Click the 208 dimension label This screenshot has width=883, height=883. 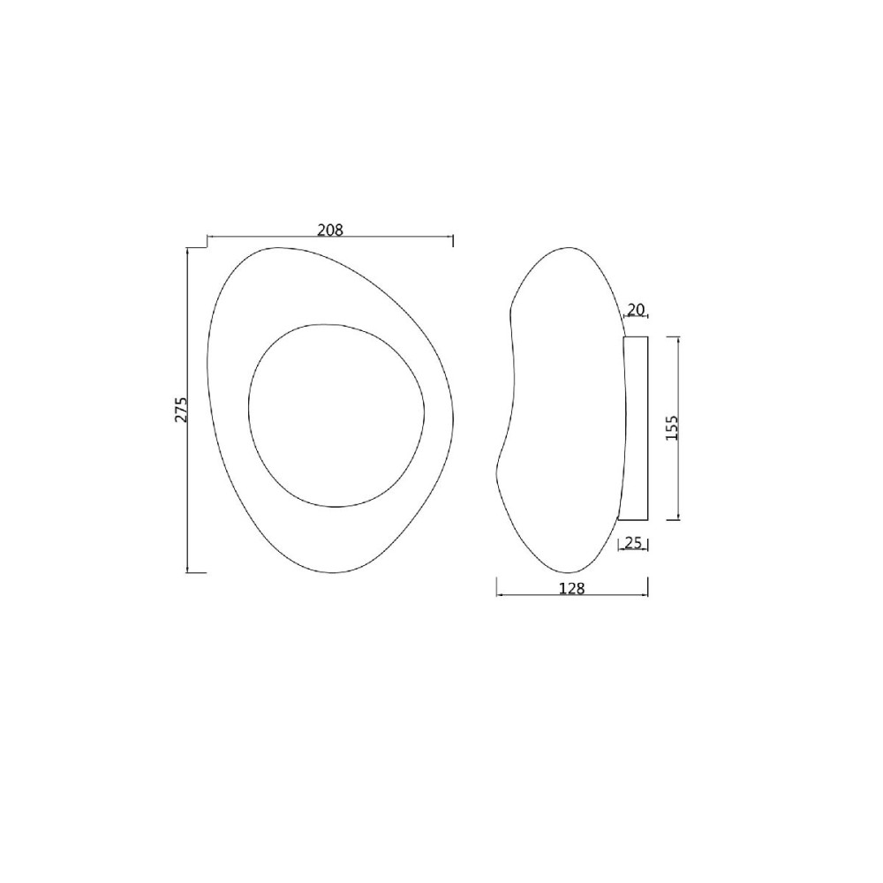click(330, 230)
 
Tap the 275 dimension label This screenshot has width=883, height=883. click(180, 410)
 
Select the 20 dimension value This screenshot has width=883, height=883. click(635, 309)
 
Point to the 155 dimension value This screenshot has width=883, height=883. click(672, 427)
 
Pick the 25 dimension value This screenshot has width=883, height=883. click(633, 543)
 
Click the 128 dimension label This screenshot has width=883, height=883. click(571, 588)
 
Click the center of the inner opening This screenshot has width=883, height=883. click(336, 415)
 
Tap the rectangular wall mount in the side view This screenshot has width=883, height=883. click(634, 428)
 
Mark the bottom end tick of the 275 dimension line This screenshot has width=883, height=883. click(196, 572)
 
